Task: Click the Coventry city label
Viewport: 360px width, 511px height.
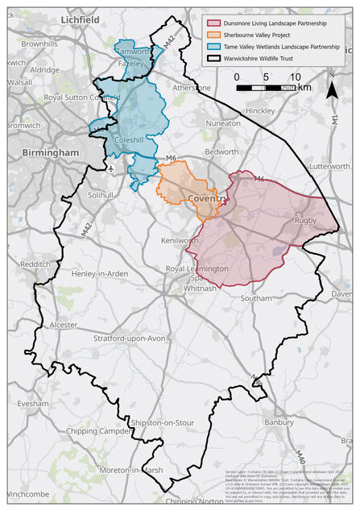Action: click(x=207, y=198)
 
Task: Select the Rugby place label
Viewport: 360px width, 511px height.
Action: click(x=305, y=220)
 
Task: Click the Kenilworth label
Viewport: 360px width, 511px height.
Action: click(x=180, y=240)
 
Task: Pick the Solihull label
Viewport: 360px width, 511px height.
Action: click(x=102, y=195)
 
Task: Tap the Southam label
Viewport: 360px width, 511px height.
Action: click(x=256, y=297)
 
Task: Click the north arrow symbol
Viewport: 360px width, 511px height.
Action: click(x=332, y=86)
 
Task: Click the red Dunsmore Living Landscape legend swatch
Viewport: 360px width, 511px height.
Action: click(x=214, y=24)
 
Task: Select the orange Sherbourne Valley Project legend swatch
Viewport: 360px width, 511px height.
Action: click(x=214, y=35)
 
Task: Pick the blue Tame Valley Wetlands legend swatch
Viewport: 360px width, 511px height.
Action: click(x=214, y=47)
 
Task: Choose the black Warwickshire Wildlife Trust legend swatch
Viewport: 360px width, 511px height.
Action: click(x=214, y=58)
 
